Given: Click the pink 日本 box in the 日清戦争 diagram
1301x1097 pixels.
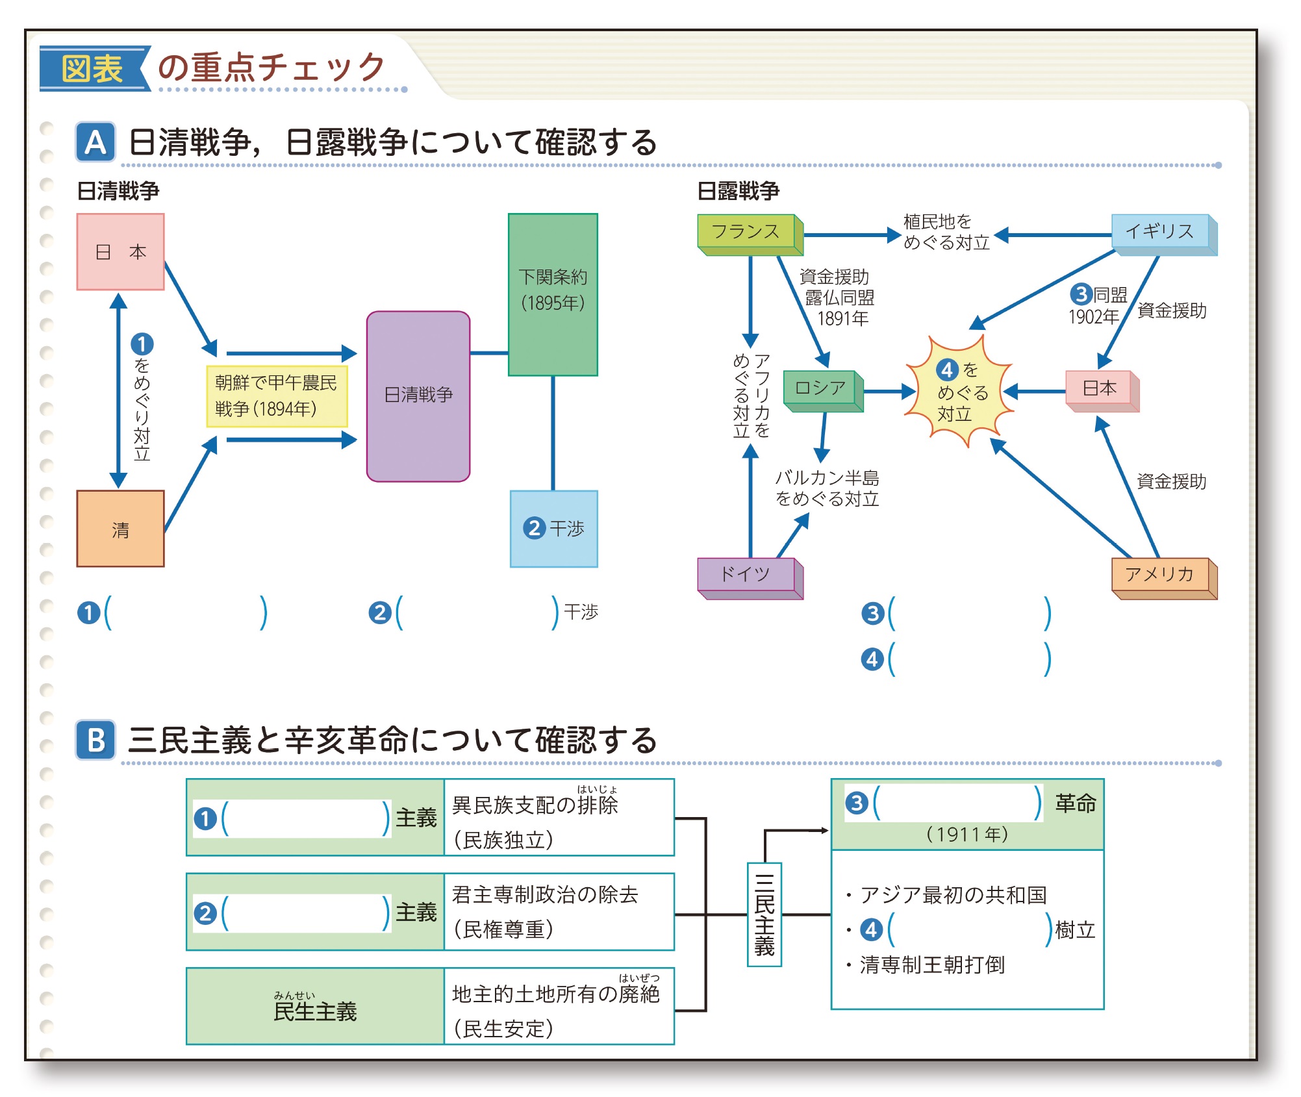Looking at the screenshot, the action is (x=120, y=251).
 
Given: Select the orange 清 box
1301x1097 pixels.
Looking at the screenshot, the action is (x=120, y=529).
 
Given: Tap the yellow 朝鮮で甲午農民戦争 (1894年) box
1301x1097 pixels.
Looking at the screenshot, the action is (x=277, y=396).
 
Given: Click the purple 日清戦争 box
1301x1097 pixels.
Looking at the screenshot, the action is (x=418, y=396).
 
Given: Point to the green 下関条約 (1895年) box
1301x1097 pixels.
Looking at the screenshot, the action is (x=553, y=294).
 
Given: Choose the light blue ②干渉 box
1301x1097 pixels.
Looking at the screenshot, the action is (x=553, y=529).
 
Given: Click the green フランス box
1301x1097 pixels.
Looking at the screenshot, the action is (x=750, y=234).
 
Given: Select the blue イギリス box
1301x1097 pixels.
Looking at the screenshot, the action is (x=1164, y=234).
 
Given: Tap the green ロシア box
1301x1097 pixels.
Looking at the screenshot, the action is (x=823, y=390).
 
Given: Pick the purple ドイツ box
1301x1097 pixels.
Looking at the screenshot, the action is (x=750, y=577).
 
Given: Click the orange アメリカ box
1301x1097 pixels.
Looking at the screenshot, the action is (x=1164, y=577).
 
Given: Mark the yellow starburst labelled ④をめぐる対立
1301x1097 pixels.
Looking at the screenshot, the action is (x=959, y=391).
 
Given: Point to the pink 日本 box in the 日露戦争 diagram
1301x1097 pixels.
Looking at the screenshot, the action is (x=1102, y=390).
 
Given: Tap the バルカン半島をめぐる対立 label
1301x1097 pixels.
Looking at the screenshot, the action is (x=827, y=488).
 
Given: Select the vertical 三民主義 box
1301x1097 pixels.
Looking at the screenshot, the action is (x=764, y=914).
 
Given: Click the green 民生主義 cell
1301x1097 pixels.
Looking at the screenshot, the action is (x=315, y=1006).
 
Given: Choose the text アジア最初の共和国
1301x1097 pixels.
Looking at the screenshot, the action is (x=953, y=895).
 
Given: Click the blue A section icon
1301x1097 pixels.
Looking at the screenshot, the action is (x=95, y=142).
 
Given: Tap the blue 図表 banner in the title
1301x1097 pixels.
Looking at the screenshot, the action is (x=93, y=68).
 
